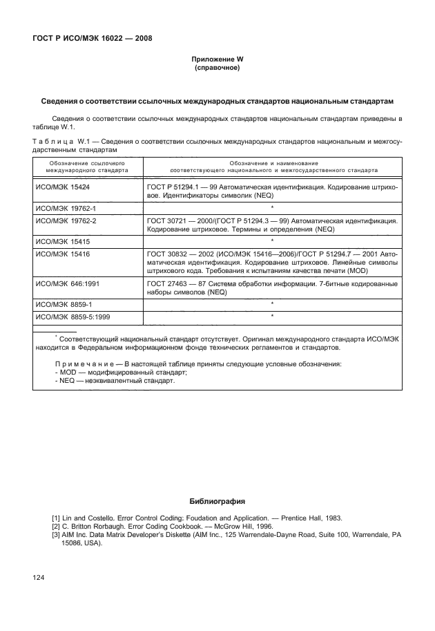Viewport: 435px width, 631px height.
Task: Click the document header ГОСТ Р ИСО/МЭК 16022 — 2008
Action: [x=92, y=37]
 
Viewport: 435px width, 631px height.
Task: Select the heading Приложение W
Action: [x=217, y=60]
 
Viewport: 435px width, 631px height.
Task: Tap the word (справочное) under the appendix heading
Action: [x=217, y=69]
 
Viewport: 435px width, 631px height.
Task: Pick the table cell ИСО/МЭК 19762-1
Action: [x=65, y=207]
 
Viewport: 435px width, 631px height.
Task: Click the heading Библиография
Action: [x=217, y=500]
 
